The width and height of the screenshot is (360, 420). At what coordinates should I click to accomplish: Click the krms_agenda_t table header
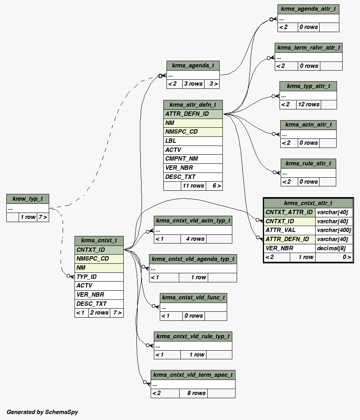click(x=193, y=65)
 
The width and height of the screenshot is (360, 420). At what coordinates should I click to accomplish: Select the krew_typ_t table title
click(x=27, y=199)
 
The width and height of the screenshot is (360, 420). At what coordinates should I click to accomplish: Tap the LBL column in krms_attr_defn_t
click(x=193, y=141)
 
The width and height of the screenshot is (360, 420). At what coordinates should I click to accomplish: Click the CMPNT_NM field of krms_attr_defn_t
click(x=193, y=159)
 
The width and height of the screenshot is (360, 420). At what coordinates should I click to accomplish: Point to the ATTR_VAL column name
click(x=289, y=230)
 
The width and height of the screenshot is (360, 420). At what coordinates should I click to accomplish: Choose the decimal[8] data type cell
click(x=334, y=248)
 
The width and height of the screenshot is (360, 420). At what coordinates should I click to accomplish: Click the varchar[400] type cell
click(x=334, y=230)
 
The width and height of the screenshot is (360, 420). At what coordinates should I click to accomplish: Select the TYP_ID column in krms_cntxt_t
click(x=99, y=277)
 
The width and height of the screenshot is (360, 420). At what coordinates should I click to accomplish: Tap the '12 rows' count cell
click(x=308, y=105)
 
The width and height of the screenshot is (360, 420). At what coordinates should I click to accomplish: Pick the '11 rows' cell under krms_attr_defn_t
click(x=193, y=186)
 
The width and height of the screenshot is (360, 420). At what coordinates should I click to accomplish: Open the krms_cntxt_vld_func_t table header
click(x=193, y=297)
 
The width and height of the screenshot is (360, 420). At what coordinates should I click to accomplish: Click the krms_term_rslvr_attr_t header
click(x=308, y=48)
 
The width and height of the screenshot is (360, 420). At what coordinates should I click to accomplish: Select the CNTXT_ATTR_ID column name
click(x=289, y=212)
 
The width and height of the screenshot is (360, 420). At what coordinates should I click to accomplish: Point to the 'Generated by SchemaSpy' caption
click(x=42, y=412)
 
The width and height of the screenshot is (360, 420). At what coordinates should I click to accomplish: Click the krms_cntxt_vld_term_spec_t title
click(x=193, y=375)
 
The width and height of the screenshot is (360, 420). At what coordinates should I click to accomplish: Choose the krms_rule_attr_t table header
click(x=308, y=163)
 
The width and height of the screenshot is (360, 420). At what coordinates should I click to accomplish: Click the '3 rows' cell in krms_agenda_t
click(x=193, y=84)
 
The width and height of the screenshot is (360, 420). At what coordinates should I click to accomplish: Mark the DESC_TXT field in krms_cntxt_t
click(x=99, y=304)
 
